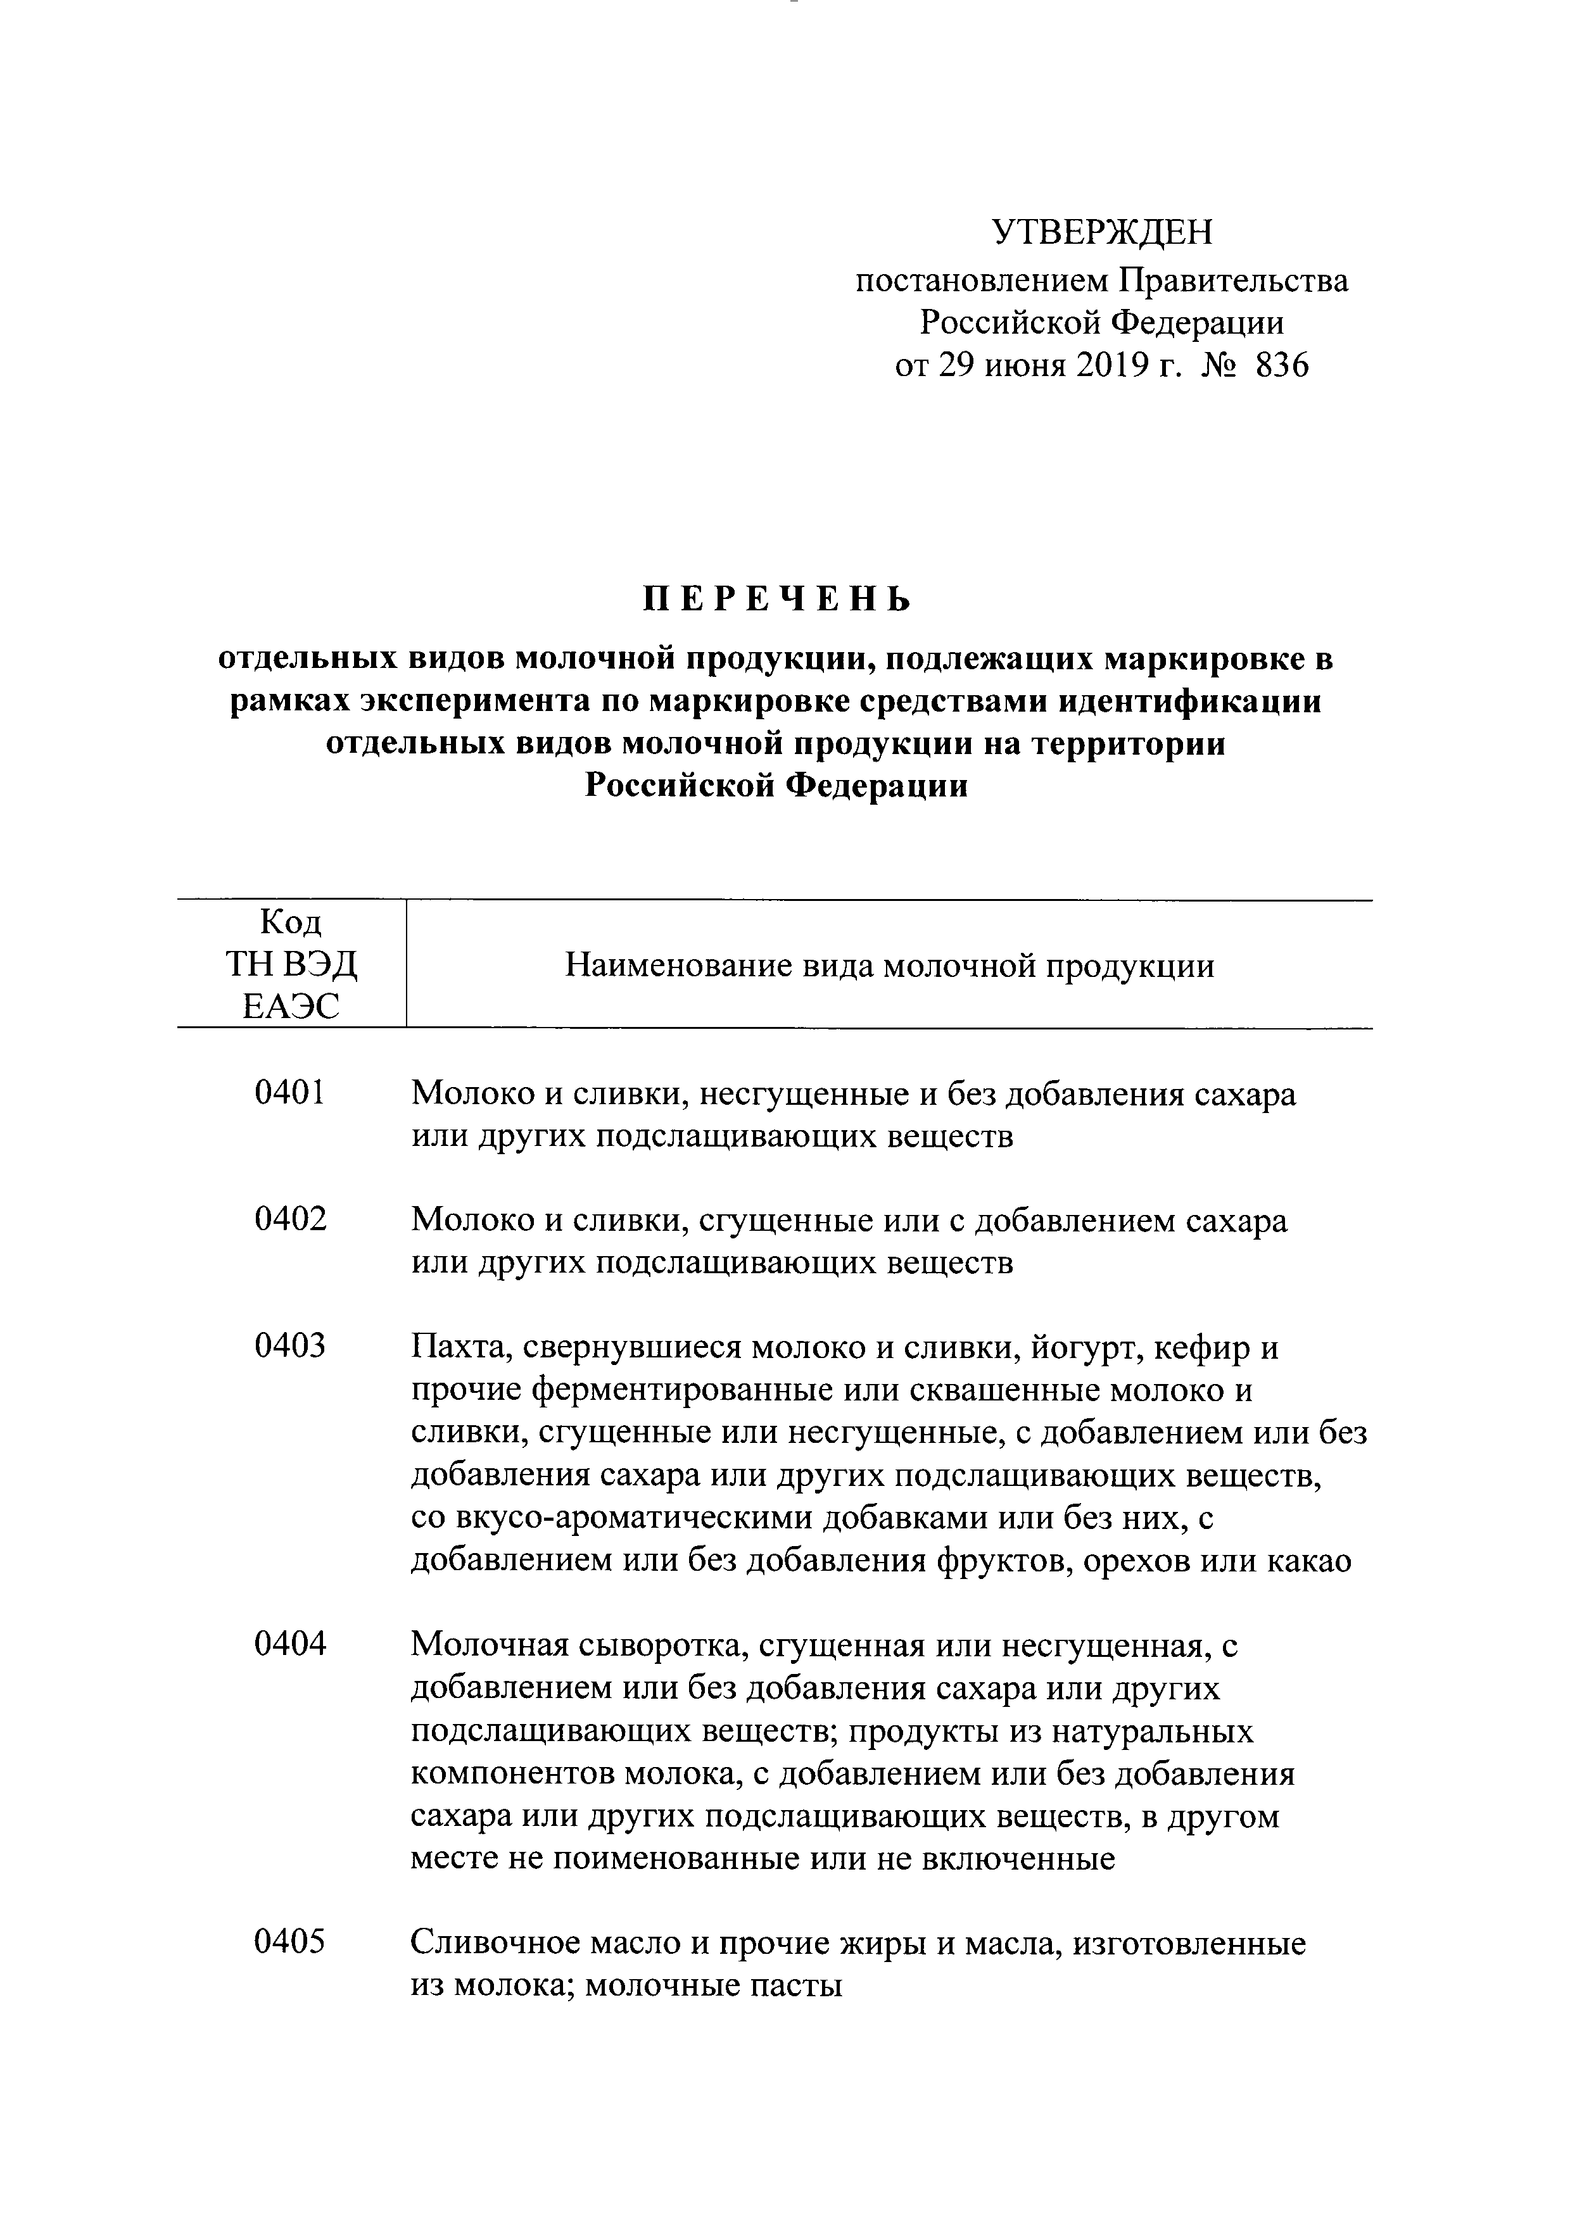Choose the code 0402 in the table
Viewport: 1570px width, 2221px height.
290,1220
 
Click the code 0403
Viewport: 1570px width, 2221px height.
290,1345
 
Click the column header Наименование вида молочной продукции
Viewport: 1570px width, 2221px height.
889,966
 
